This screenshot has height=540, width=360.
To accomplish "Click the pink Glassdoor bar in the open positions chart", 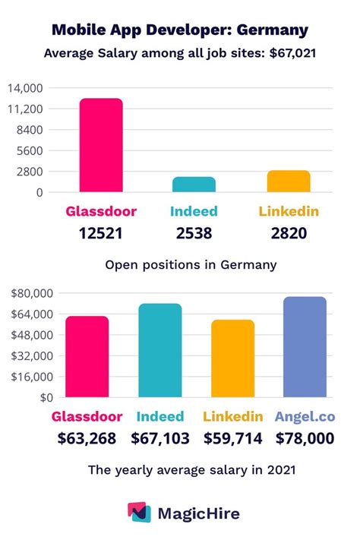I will click(x=100, y=145).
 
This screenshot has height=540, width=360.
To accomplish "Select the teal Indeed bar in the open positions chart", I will click(x=194, y=185).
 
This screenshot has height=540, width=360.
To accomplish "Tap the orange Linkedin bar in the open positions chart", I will click(x=288, y=182).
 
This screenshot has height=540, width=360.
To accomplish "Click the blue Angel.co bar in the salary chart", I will click(x=305, y=347).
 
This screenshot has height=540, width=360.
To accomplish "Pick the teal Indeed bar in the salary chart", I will click(x=160, y=350).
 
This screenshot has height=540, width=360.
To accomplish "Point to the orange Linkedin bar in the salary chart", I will click(x=232, y=358).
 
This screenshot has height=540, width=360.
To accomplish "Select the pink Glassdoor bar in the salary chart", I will click(x=87, y=356).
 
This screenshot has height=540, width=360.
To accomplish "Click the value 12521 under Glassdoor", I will click(x=100, y=232).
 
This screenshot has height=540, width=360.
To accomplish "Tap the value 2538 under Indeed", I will click(x=194, y=232).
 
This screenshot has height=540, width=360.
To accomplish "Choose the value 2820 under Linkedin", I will click(x=288, y=232).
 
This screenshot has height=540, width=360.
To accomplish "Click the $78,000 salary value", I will click(x=305, y=438).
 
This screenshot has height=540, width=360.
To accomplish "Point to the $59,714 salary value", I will click(x=232, y=438).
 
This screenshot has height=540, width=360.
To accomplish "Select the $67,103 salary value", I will click(x=160, y=438).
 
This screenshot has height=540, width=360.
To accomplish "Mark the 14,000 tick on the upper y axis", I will click(x=25, y=88).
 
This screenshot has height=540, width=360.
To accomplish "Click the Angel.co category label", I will click(x=305, y=416).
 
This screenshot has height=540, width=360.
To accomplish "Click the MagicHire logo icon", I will click(x=138, y=513).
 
